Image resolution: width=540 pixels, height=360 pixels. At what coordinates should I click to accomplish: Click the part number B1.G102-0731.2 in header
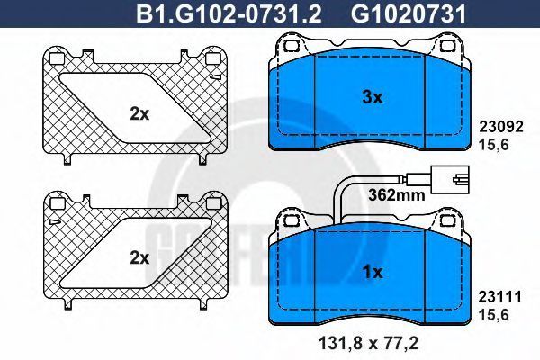coord(229,13)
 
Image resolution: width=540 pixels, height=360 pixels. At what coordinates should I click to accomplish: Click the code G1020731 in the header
coord(408,13)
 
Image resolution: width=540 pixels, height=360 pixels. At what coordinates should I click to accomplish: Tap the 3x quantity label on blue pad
coord(373,98)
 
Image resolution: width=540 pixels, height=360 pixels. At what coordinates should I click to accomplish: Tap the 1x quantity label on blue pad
coord(373,273)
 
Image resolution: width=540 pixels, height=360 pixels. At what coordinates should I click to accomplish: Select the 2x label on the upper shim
coord(139,114)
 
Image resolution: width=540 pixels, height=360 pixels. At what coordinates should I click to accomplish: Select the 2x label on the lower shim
coord(139,258)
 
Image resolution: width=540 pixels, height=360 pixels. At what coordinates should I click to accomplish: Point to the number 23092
coord(501,126)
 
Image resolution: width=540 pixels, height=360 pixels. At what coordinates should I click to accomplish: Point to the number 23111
coord(500,297)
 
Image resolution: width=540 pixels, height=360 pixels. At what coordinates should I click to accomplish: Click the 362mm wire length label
coord(397,195)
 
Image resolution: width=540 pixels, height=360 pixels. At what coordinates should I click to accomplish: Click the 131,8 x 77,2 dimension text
coord(368,343)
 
